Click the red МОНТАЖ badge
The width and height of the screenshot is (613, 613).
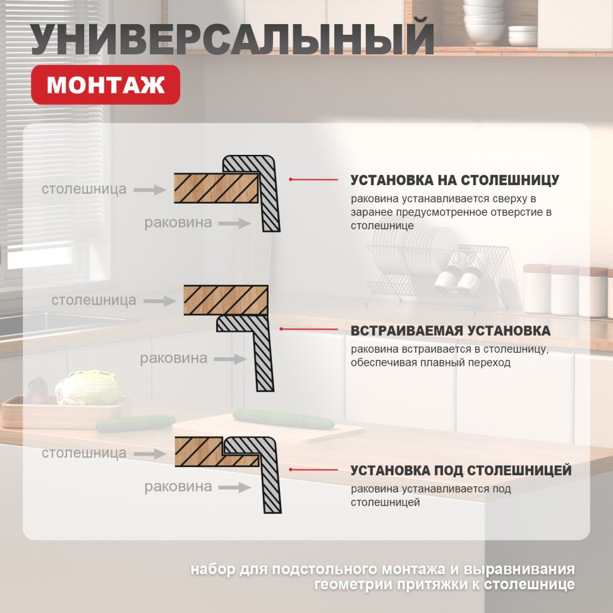coord(106,85)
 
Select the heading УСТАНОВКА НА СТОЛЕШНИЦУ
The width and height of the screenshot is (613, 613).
coord(454,180)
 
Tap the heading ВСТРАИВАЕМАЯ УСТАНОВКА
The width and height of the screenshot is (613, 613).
coord(450,331)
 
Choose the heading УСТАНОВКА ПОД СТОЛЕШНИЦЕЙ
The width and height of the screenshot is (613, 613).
coord(461,471)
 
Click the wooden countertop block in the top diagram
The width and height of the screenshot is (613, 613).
coord(215,188)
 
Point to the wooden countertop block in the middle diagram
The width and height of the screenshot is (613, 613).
coord(225,300)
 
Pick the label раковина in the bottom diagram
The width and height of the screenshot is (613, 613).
coord(178,487)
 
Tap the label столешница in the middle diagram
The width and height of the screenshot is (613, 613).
coord(94,300)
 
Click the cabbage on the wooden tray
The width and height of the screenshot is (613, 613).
coord(88,387)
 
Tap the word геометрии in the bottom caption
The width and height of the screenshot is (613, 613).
coord(359,583)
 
